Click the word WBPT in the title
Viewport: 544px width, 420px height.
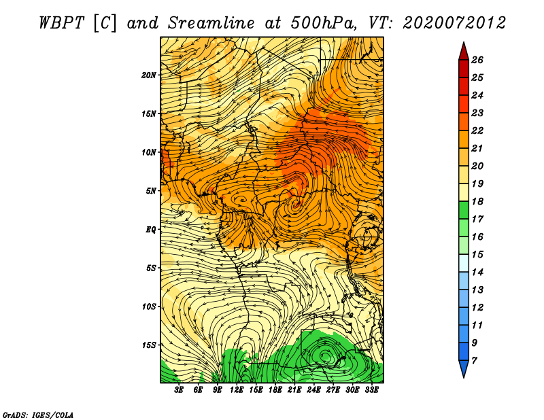click(x=61, y=23)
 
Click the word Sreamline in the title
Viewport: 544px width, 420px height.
click(x=211, y=23)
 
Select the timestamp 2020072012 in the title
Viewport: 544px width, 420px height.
click(x=454, y=23)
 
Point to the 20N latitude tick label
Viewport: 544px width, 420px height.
click(x=149, y=75)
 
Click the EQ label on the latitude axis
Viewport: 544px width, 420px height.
click(x=151, y=230)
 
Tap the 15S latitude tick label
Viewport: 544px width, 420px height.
click(x=149, y=345)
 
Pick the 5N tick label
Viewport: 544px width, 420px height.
click(x=151, y=191)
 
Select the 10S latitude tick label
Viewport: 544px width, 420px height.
click(x=149, y=307)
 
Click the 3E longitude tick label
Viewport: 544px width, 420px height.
click(x=179, y=390)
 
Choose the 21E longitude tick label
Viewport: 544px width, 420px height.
click(x=294, y=390)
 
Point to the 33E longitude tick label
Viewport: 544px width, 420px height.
click(x=371, y=390)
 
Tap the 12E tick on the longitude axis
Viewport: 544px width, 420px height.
click(x=237, y=390)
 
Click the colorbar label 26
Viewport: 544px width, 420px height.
click(x=477, y=60)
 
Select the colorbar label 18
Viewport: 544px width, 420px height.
click(x=477, y=201)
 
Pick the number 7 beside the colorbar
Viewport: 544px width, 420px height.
click(x=475, y=361)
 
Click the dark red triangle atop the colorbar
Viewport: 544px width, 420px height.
click(x=464, y=52)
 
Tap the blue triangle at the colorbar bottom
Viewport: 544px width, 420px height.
click(x=464, y=368)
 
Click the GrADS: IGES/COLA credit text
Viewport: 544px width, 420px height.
click(x=38, y=415)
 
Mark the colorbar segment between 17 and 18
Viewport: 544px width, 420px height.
click(x=464, y=210)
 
